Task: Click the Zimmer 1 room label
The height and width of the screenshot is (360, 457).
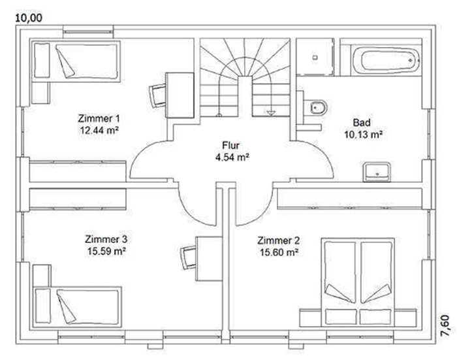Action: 99,118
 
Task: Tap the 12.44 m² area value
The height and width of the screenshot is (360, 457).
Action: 99,130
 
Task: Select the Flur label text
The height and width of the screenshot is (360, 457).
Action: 231,145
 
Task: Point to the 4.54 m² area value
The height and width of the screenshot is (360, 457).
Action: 232,157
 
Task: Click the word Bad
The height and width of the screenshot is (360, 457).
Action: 362,123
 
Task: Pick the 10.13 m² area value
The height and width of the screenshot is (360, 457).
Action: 363,135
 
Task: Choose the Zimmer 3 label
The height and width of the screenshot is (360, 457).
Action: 106,239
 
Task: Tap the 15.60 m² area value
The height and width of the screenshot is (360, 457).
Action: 279,252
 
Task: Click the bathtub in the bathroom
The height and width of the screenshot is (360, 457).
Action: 386,60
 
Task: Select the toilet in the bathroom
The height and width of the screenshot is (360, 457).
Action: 315,108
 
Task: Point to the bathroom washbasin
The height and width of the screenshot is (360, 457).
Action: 377,172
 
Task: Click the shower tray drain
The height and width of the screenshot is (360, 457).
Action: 315,57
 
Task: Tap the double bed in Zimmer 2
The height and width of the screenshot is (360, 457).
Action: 358,282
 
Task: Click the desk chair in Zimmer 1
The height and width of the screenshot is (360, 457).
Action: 157,95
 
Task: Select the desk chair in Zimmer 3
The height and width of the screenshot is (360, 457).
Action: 188,258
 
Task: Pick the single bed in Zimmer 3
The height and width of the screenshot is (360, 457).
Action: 77,307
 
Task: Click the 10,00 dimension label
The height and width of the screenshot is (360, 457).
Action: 29,18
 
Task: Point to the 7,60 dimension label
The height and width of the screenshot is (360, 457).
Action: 449,326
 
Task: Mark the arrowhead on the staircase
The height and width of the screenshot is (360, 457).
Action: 271,113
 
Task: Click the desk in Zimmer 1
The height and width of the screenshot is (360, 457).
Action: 180,95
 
